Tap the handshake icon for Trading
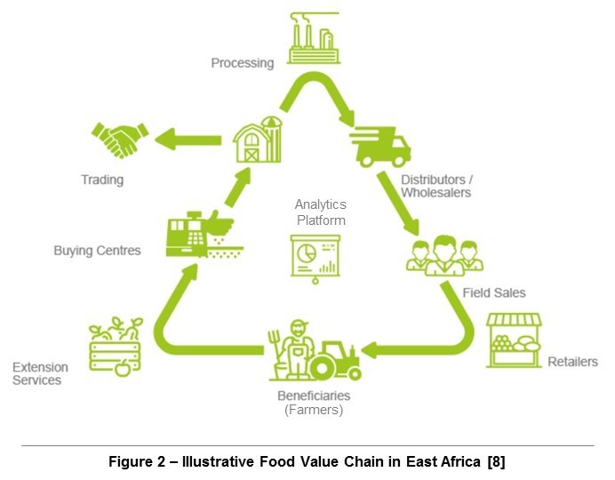coord(120,139)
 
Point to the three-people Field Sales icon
coord(442,256)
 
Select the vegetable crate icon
coord(116,348)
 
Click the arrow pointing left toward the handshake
coord(188,139)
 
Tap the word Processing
coord(242,63)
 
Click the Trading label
coord(102,180)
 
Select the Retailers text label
coord(572,362)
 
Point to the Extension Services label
coord(36,373)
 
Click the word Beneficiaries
coord(312,395)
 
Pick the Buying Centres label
coord(97,251)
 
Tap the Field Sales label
coord(494,292)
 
